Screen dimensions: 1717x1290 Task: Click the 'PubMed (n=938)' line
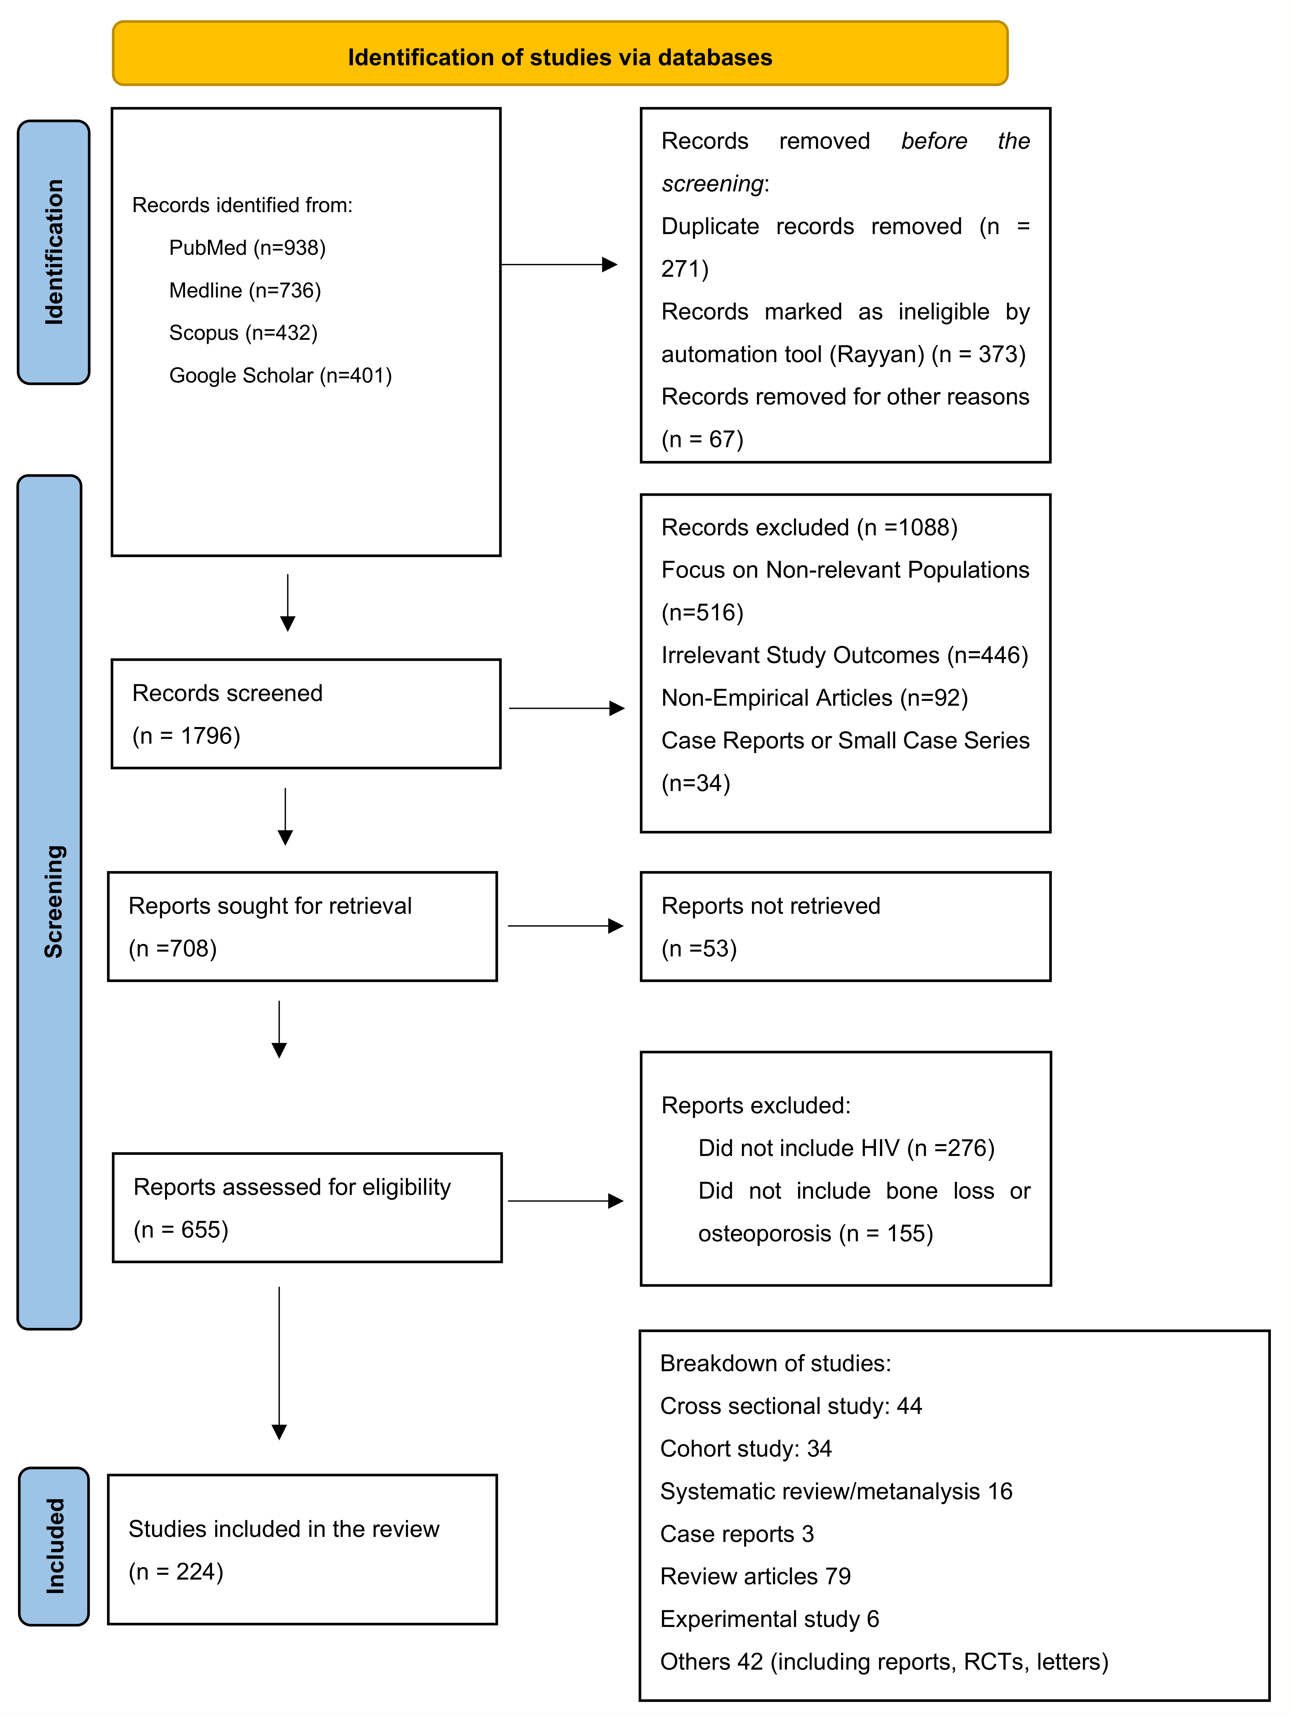[247, 248]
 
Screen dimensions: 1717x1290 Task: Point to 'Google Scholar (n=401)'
[280, 376]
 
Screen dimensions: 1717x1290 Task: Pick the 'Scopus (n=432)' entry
[243, 333]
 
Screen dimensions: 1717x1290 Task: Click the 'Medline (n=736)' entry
[244, 290]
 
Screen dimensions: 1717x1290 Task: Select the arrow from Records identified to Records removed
[559, 265]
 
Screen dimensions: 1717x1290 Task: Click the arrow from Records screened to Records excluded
[567, 708]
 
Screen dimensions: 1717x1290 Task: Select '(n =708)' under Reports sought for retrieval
[172, 949]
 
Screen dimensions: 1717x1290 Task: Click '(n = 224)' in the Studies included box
[176, 1572]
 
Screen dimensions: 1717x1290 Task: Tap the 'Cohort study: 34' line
[745, 1448]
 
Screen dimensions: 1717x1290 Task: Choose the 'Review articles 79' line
[755, 1576]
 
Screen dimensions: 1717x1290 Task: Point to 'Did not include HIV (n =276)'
[846, 1148]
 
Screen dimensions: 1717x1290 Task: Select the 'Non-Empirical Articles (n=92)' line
[814, 698]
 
